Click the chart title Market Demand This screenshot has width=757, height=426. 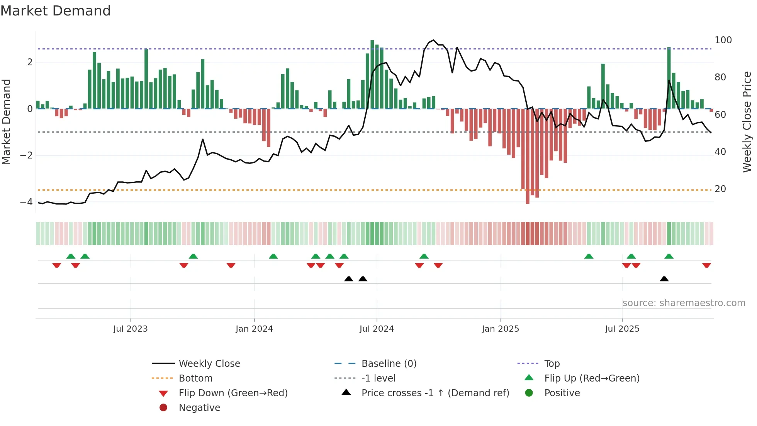point(56,10)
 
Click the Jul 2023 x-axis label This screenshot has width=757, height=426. point(130,329)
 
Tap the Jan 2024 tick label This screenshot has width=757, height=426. point(254,329)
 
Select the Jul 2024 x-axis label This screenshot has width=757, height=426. point(377,329)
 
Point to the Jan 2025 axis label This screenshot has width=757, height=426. point(500,329)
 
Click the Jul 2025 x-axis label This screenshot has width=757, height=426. point(622,329)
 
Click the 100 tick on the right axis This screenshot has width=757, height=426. point(723,40)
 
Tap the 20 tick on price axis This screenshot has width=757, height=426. point(720,189)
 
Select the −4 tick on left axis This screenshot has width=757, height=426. point(26,202)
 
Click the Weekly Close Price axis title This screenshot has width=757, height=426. point(747,122)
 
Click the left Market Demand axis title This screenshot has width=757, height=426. point(6,122)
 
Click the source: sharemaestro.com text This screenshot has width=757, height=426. point(684,303)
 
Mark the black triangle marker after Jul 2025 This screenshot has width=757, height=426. point(664,279)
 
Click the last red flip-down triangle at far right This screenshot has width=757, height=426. point(706,265)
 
